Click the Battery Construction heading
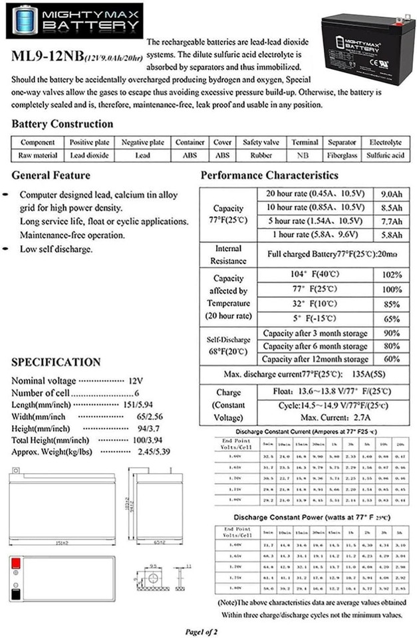(x=63, y=124)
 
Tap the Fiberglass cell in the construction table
(x=342, y=155)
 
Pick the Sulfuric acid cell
(x=385, y=155)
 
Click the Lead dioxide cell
(x=89, y=155)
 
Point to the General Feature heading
(x=51, y=175)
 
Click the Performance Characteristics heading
(x=269, y=175)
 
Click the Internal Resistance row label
(x=228, y=255)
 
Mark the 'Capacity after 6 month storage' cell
(x=315, y=346)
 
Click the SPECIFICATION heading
(x=56, y=362)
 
